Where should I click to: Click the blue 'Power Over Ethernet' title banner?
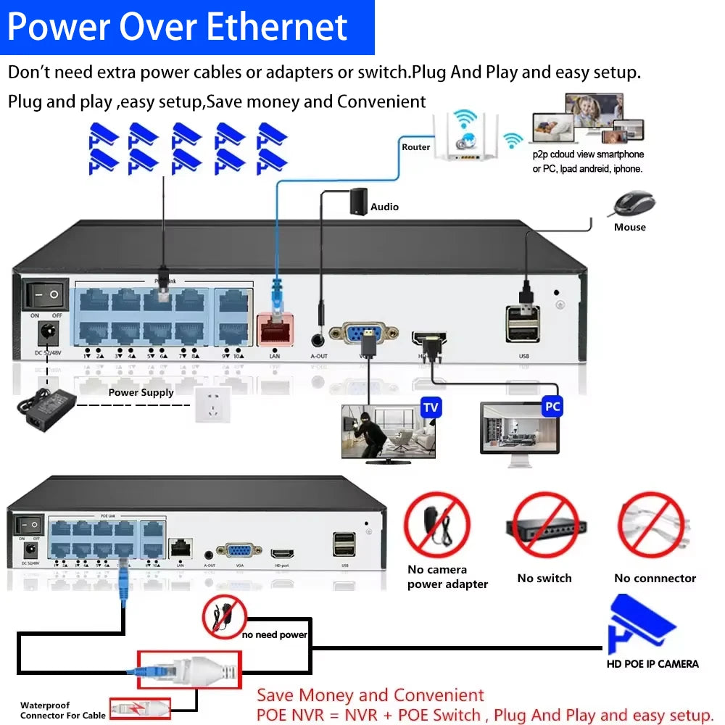(x=187, y=27)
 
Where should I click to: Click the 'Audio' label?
(x=384, y=207)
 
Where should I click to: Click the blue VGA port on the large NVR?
(x=363, y=333)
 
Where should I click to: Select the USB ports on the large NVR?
(x=523, y=323)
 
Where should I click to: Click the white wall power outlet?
(x=212, y=405)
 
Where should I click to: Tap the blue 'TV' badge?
(x=431, y=407)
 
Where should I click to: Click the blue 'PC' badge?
(x=552, y=406)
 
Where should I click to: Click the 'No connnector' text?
(x=655, y=579)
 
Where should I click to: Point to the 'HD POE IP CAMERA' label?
(x=652, y=663)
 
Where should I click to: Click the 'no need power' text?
(x=275, y=635)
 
